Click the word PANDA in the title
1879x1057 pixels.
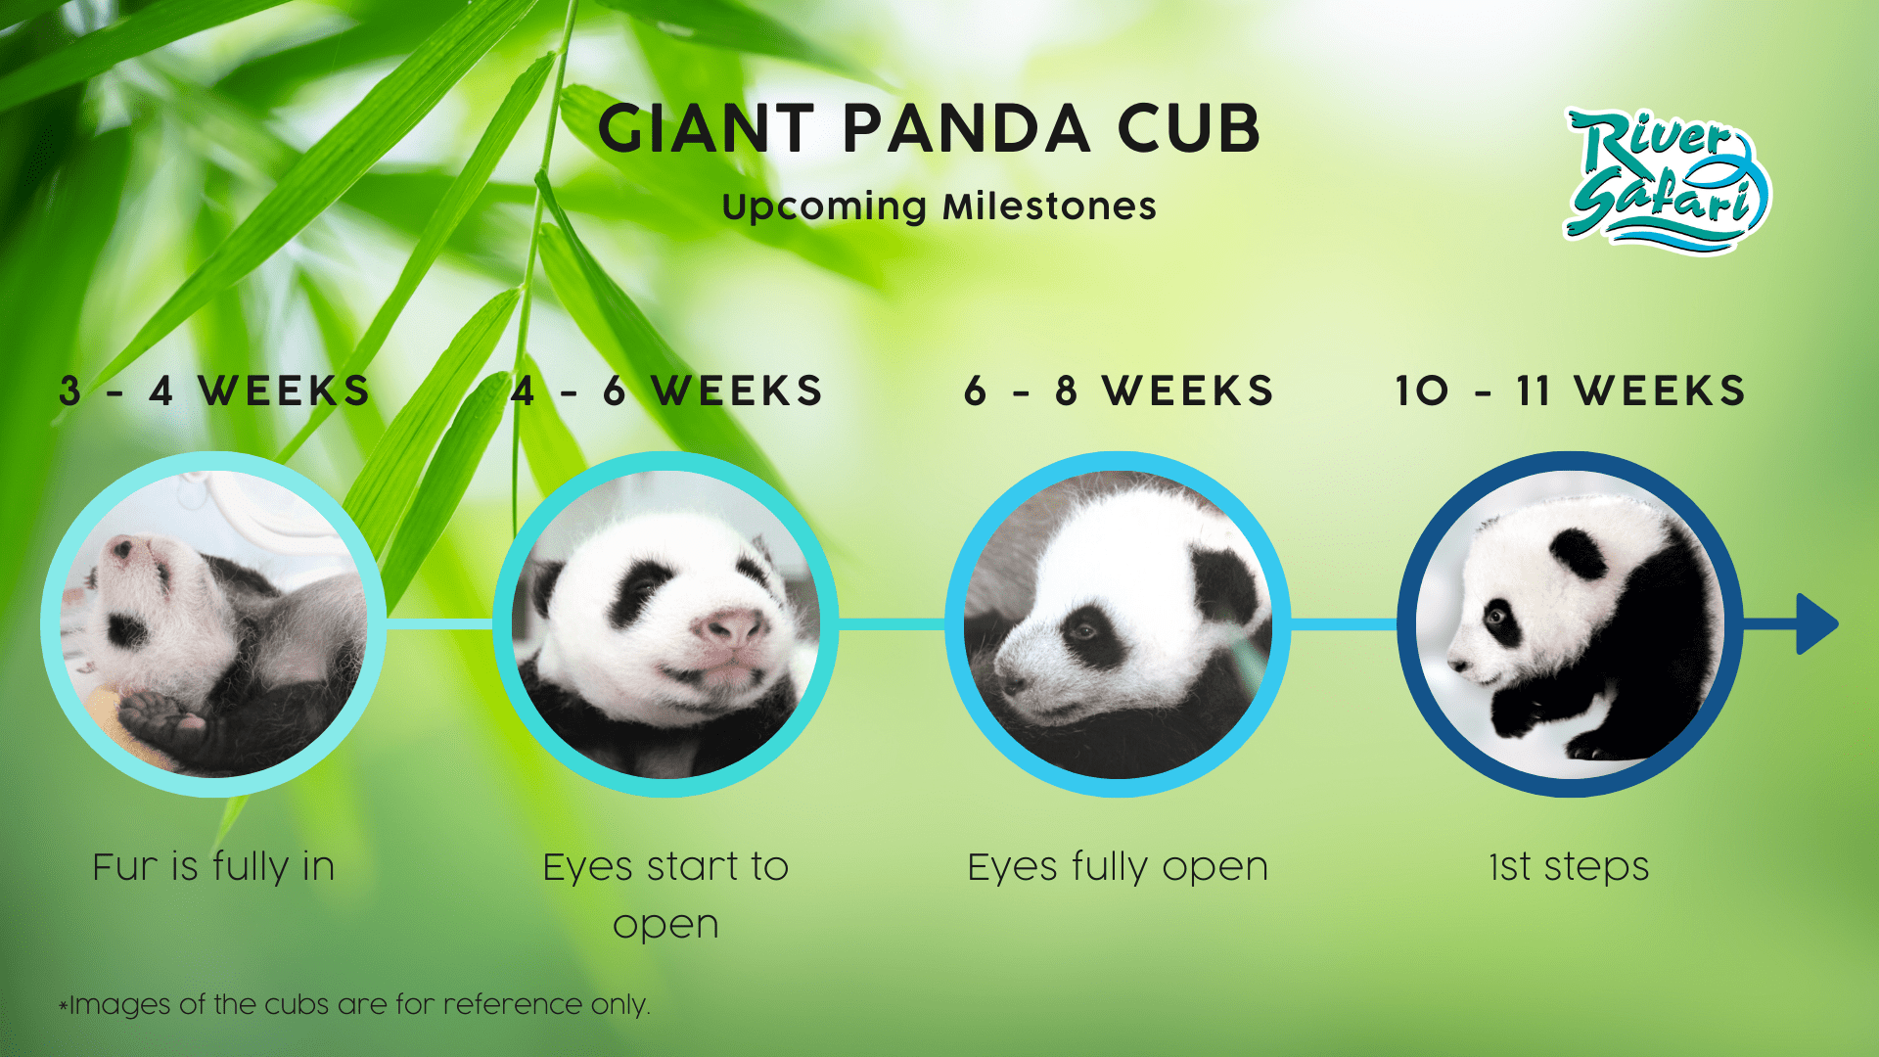click(x=966, y=129)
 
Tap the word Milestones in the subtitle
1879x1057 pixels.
click(x=1048, y=207)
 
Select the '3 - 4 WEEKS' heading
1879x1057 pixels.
click(x=214, y=391)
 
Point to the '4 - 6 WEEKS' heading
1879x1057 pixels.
click(x=666, y=391)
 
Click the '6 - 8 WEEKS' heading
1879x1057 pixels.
click(x=1119, y=391)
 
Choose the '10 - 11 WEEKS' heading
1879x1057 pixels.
click(x=1570, y=391)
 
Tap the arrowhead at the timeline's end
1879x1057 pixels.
click(x=1816, y=623)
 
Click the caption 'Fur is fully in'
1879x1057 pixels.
click(x=214, y=867)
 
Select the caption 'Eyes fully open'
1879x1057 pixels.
click(x=1118, y=867)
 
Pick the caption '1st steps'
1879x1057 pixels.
click(x=1569, y=867)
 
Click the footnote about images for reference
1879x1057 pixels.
click(x=354, y=1005)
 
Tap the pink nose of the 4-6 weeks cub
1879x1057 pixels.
click(x=732, y=626)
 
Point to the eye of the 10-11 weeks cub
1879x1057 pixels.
click(x=1496, y=616)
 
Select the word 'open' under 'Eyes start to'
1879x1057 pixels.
click(x=665, y=925)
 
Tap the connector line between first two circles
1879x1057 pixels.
click(x=439, y=623)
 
